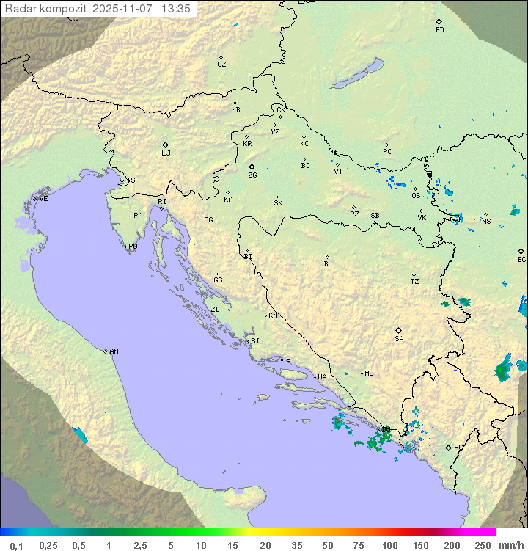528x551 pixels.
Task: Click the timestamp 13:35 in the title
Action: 176,9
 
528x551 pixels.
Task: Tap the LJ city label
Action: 166,153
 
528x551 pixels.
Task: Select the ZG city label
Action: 252,175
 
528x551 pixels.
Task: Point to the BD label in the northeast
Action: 439,30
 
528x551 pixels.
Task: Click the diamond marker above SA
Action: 399,330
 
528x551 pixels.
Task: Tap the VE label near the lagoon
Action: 43,199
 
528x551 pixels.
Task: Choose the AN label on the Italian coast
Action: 114,351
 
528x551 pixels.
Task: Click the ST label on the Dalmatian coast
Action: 290,360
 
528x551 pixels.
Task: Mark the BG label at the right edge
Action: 521,259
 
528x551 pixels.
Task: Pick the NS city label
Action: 486,221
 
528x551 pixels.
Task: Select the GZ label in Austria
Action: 221,65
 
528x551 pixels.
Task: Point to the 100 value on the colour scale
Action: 389,545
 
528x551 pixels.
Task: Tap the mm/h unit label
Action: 508,545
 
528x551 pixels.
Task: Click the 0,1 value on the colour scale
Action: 16,545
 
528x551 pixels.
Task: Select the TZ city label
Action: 415,282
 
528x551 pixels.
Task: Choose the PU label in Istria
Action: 133,247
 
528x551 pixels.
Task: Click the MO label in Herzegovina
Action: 369,373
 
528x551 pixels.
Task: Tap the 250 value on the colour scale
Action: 483,545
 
